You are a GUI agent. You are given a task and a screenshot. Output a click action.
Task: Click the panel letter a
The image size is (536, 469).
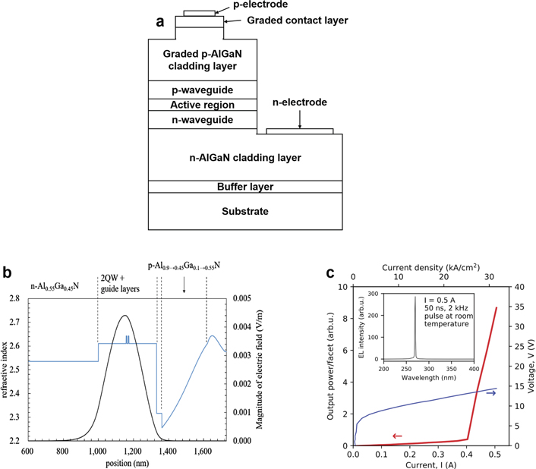click(x=160, y=21)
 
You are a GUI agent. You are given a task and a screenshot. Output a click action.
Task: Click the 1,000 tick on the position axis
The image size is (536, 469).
click(x=97, y=451)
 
